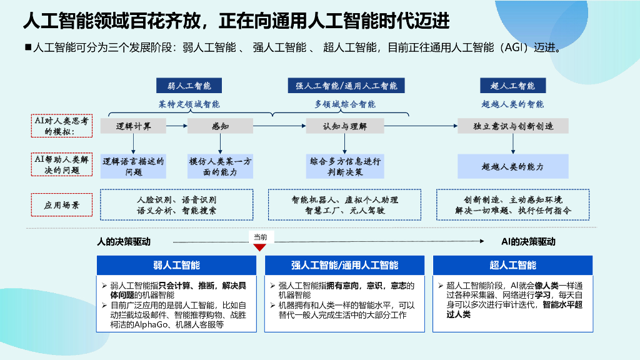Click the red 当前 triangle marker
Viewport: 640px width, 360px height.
pos(260,247)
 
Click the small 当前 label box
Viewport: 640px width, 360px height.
pos(260,237)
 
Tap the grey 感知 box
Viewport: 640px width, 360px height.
pos(221,126)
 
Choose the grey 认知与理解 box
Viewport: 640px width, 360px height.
pos(345,126)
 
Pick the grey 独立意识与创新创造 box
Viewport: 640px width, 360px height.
pos(513,126)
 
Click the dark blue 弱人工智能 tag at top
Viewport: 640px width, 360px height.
pos(189,86)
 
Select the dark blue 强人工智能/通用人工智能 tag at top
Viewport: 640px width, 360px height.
pos(346,86)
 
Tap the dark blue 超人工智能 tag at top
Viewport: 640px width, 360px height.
pos(512,86)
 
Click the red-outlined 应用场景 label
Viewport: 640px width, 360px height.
pos(61,205)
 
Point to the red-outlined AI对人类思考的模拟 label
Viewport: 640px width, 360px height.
pos(61,126)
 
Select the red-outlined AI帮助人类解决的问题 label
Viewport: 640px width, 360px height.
pos(61,165)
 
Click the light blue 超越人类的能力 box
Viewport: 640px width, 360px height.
pos(513,167)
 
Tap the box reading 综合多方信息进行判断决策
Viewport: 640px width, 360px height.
pos(345,166)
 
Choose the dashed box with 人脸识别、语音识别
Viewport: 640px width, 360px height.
pos(177,205)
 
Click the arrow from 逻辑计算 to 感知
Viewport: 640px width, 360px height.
pos(178,126)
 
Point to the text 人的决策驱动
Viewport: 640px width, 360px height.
pos(123,241)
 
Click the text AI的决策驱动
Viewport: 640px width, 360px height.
pos(528,241)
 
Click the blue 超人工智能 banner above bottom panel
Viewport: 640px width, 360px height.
pos(512,265)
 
